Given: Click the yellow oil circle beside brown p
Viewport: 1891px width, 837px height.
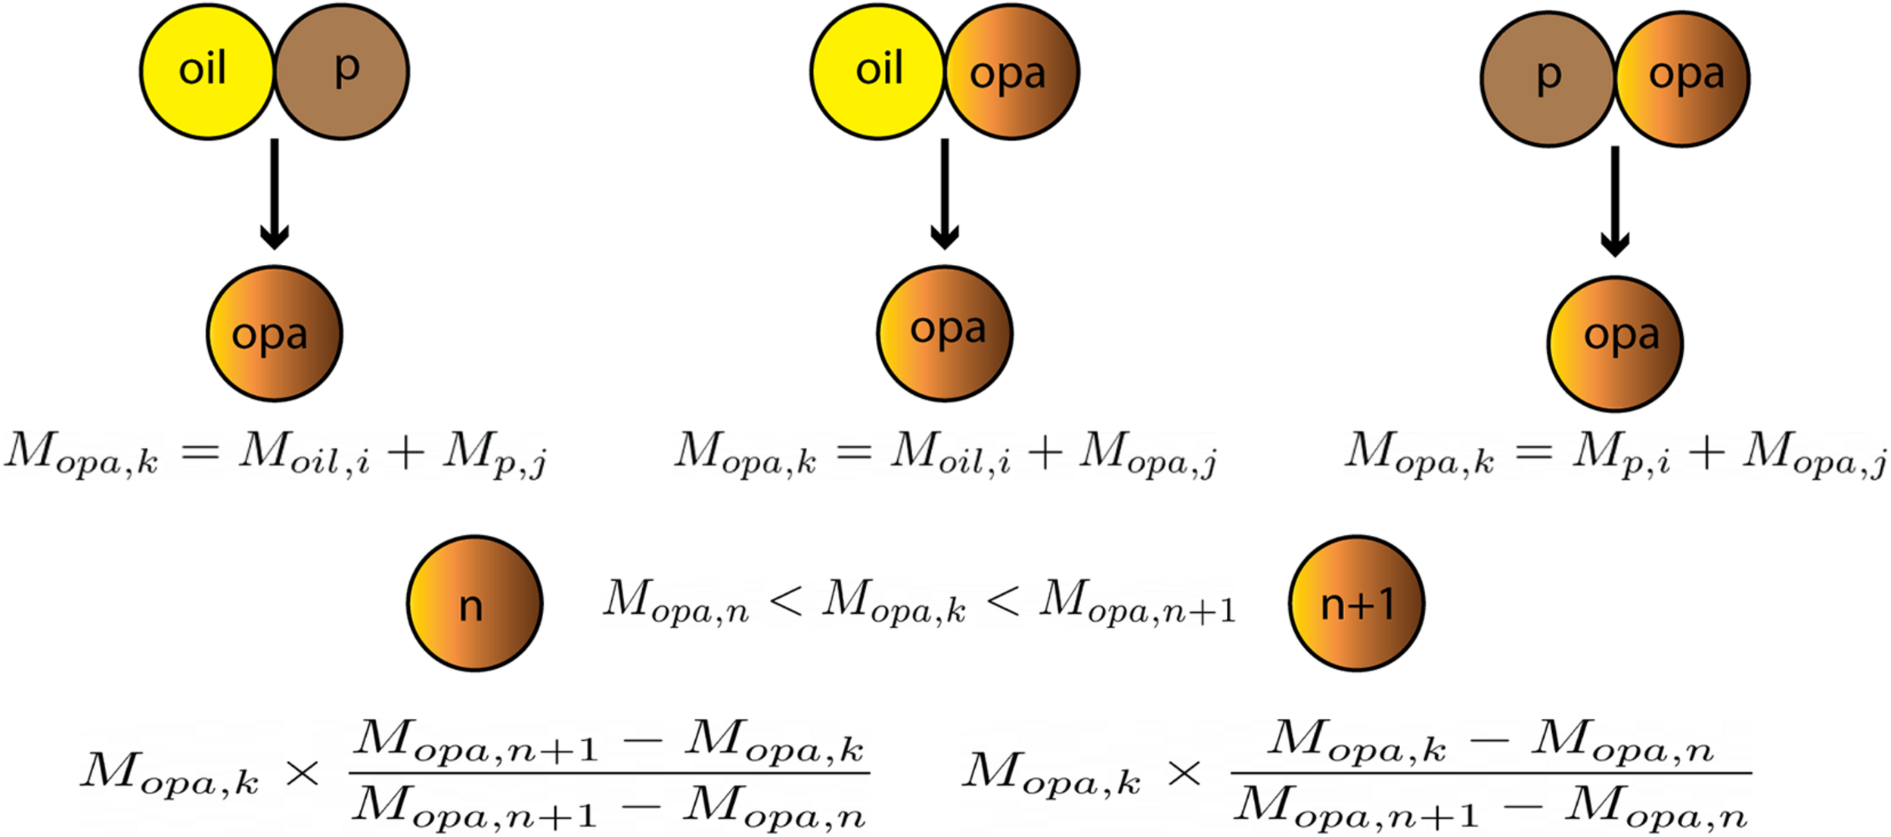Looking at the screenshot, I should tap(206, 71).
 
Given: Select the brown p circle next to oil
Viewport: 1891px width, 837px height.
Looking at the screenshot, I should tap(342, 71).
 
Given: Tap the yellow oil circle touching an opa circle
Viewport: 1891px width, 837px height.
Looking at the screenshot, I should tap(877, 71).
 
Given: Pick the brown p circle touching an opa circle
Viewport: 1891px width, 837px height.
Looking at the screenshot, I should tap(1548, 79).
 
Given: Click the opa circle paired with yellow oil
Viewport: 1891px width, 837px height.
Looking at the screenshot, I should tap(1012, 73).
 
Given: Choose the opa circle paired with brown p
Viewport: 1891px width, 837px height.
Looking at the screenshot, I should tap(1684, 79).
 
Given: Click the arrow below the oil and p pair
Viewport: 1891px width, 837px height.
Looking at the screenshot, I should tap(274, 194).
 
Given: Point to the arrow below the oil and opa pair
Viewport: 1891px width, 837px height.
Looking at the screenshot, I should tap(944, 194).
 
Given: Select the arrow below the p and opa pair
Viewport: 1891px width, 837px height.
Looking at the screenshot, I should tap(1614, 201).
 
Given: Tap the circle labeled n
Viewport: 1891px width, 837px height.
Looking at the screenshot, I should tap(475, 603).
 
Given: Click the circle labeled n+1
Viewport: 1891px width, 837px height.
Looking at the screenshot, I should tap(1356, 603).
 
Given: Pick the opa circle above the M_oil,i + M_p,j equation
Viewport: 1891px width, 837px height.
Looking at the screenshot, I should tap(274, 333).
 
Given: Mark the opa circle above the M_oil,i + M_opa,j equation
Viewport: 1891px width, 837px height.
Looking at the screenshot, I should tap(945, 333).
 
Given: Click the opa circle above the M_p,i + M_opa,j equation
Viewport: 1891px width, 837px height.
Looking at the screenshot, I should tap(1615, 344).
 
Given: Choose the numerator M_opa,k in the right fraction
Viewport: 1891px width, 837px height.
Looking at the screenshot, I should tap(1358, 739).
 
